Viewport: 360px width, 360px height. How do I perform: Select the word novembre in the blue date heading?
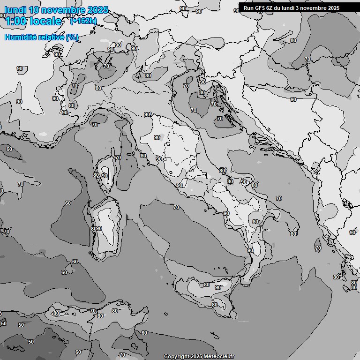(x=64, y=10)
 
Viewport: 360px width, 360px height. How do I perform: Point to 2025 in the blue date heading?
(x=97, y=10)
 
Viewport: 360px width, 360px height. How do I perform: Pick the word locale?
(x=46, y=21)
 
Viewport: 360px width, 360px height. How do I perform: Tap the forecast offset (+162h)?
(x=83, y=21)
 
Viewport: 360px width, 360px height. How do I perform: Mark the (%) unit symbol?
(x=72, y=37)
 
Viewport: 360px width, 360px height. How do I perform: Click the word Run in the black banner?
(x=248, y=8)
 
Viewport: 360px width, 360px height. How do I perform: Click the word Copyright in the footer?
(x=176, y=356)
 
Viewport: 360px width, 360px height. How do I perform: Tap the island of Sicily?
(x=206, y=291)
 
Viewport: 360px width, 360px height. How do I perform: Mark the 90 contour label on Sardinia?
(x=99, y=228)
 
